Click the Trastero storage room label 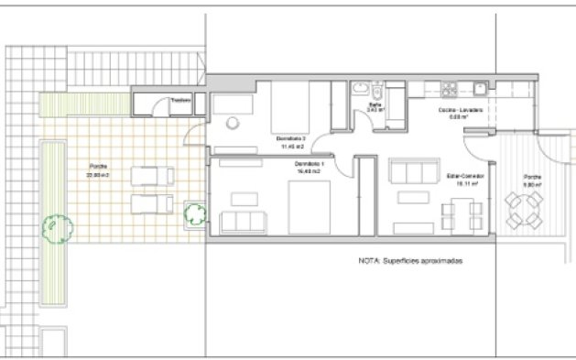(x=180, y=101)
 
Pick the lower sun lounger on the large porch (x=148, y=201)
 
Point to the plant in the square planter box (x=194, y=214)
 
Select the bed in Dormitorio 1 (x=309, y=207)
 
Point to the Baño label (x=375, y=105)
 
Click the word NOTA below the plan (x=368, y=260)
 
